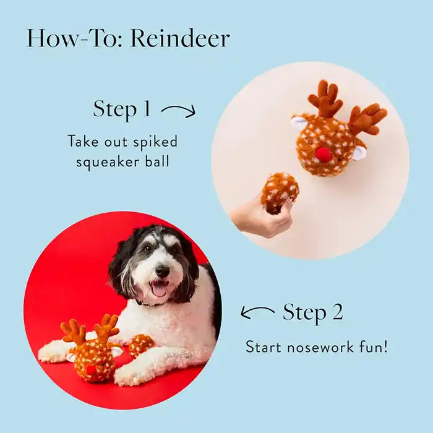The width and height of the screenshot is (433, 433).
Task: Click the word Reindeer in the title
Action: point(180,38)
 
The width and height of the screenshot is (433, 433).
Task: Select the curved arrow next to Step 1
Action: point(178,110)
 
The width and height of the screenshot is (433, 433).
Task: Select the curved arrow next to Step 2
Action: point(257,312)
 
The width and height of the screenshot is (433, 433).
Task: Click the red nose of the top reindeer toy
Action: point(324,154)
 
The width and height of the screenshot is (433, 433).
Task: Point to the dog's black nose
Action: point(162,271)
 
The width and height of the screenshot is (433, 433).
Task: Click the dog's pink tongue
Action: point(159,289)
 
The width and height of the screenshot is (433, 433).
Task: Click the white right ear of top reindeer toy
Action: point(359,152)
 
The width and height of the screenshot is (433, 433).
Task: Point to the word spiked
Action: point(155,142)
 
